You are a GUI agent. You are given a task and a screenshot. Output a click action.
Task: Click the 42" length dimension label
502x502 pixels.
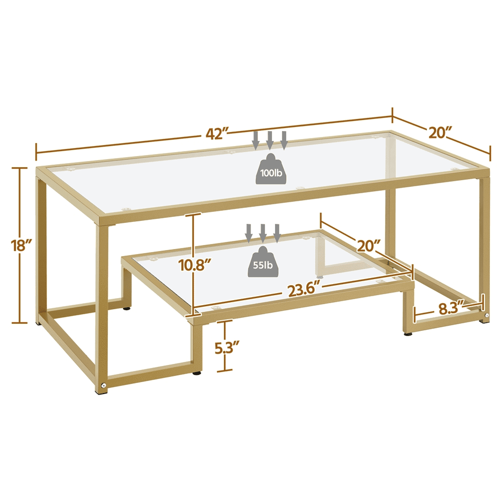[x=217, y=134]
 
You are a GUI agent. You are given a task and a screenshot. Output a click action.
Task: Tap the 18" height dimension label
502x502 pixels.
[x=21, y=245]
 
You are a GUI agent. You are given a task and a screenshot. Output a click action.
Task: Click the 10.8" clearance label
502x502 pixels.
[x=195, y=265]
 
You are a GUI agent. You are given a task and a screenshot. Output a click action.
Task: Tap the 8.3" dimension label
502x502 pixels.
[x=451, y=309]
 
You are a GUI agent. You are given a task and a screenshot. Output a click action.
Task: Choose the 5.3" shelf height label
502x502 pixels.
[x=227, y=348]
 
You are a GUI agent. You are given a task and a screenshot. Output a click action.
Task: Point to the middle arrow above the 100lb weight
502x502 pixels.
[x=270, y=140]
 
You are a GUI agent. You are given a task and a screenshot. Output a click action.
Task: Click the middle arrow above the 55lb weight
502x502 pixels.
[x=263, y=233]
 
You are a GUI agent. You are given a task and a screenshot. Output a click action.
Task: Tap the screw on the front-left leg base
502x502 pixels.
[x=103, y=386]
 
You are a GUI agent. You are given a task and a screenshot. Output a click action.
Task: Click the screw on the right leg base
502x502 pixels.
[x=486, y=316]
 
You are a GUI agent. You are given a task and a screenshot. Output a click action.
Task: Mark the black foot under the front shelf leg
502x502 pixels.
[x=197, y=373]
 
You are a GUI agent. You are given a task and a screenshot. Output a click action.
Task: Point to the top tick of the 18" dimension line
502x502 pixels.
[x=19, y=168]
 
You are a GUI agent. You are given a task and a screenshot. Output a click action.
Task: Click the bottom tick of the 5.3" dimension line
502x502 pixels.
[x=224, y=371]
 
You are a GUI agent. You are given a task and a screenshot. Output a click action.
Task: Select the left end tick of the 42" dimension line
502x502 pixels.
[x=36, y=152]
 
